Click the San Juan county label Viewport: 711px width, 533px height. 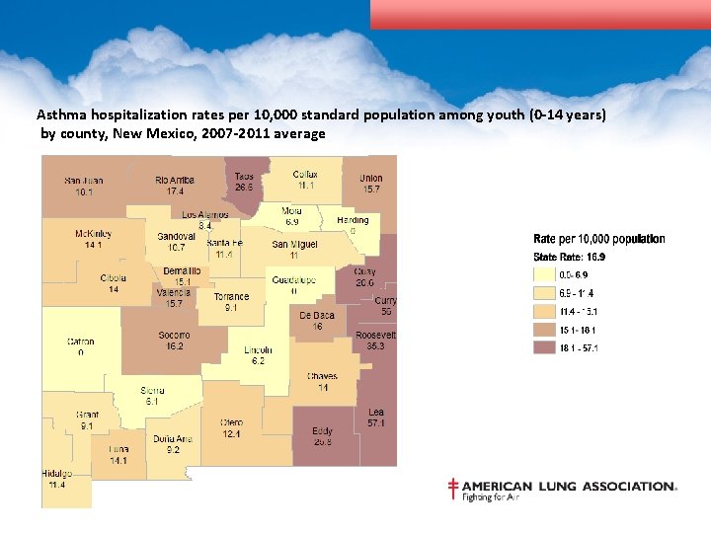[x=84, y=181]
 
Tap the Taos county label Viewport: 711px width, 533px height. [x=244, y=176]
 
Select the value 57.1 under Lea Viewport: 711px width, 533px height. [x=375, y=423]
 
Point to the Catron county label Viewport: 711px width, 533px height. [x=81, y=342]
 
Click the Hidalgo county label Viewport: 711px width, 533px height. [x=57, y=474]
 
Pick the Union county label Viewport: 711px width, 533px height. [x=371, y=178]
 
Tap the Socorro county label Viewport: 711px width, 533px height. [x=174, y=336]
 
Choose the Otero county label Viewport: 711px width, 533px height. [x=232, y=422]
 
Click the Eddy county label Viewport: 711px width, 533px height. [x=322, y=431]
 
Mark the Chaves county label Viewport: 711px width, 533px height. [x=322, y=376]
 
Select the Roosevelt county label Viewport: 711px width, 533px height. [x=375, y=335]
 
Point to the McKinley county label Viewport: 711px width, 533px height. [x=94, y=234]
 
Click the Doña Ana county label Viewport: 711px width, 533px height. [x=173, y=438]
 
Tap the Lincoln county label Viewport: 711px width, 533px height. [x=258, y=350]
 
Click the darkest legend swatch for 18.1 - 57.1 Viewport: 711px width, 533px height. [x=544, y=347]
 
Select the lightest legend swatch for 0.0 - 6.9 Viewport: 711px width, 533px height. [x=544, y=274]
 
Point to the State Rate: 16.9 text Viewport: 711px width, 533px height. [x=570, y=257]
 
